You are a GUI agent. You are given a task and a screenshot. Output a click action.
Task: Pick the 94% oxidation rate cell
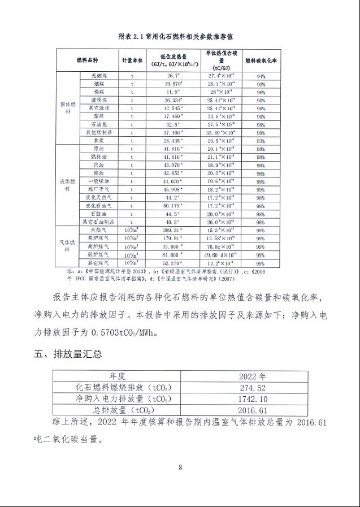click(261, 75)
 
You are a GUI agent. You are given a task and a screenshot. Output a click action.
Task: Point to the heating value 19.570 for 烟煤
click(173, 83)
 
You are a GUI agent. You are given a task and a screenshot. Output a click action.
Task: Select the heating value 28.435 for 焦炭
click(173, 140)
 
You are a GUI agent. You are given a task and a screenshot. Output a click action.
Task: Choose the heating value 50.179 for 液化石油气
click(173, 206)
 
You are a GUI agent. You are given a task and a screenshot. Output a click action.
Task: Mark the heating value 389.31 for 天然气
click(173, 231)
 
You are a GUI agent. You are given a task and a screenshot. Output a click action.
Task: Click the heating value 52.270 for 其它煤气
click(173, 263)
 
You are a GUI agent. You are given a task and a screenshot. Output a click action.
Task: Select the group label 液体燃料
click(67, 185)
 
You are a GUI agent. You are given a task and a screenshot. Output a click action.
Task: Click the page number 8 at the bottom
click(180, 467)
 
